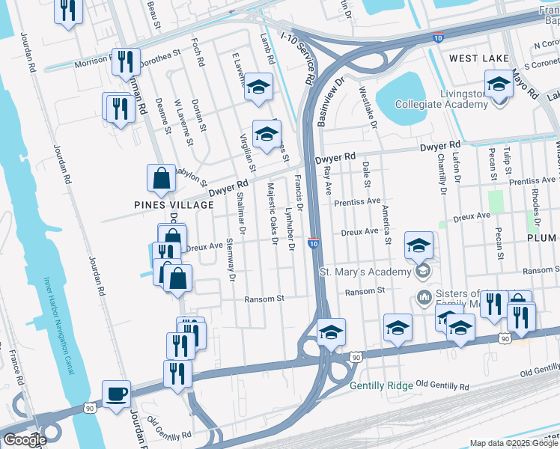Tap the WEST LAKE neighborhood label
coord(479,58)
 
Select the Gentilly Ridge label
coord(380,386)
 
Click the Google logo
coord(24,439)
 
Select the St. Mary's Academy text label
coord(365,271)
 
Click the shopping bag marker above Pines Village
coord(161,179)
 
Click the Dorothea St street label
coord(159,55)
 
